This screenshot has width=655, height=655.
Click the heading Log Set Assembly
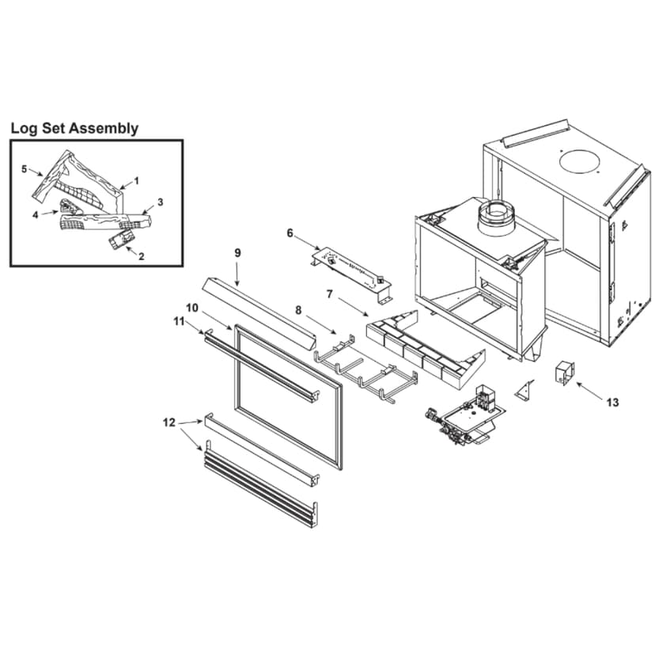[x=74, y=128]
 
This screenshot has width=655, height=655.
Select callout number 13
[x=612, y=403]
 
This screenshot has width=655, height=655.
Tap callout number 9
[x=237, y=252]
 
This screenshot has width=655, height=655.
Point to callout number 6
[x=290, y=233]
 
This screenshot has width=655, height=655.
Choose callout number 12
[x=168, y=423]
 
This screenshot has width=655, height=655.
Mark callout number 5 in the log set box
[x=25, y=168]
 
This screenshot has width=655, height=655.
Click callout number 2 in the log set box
[x=141, y=256]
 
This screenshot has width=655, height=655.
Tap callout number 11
[x=178, y=321]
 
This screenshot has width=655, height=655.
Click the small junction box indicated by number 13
[x=566, y=373]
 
